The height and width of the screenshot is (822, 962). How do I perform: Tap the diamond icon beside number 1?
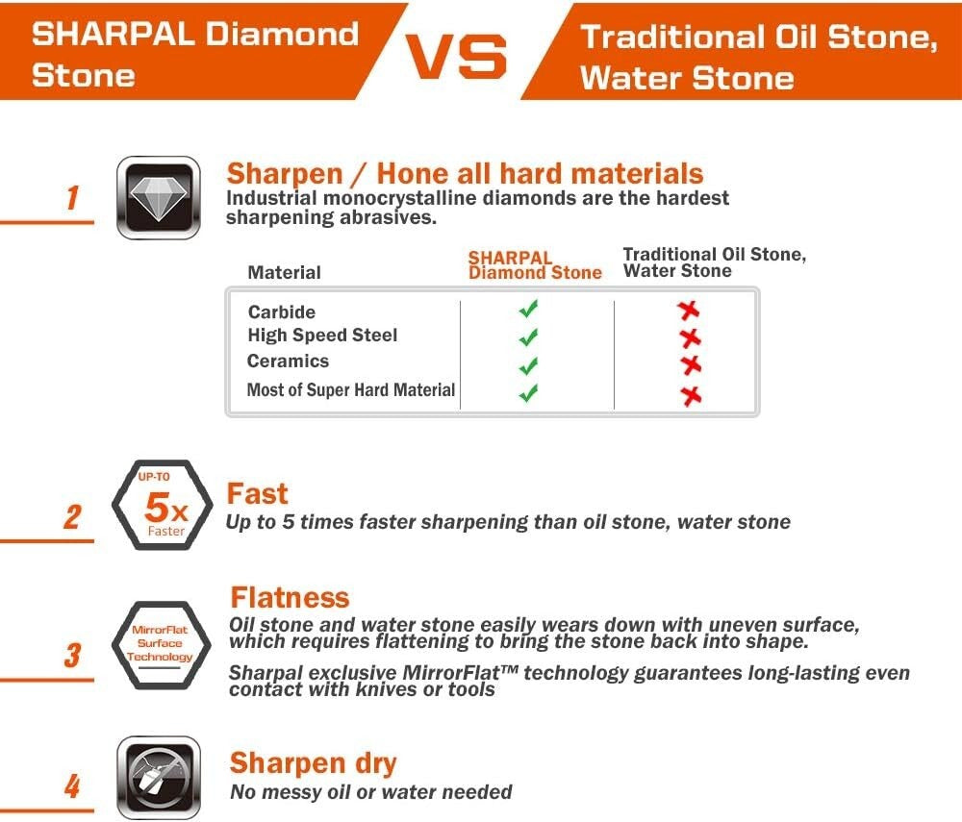[x=158, y=197]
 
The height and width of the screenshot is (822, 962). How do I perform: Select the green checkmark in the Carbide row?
[x=527, y=310]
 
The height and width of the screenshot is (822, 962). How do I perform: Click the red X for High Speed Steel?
[x=689, y=337]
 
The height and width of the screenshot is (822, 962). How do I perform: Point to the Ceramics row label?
[x=288, y=361]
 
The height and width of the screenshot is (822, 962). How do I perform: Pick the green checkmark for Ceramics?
[x=527, y=366]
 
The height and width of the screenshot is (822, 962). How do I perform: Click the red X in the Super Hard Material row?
[x=690, y=395]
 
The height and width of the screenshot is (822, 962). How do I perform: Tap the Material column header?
[x=284, y=272]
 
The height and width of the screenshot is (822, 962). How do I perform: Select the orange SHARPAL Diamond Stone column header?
[x=535, y=265]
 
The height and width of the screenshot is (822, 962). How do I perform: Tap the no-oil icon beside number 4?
[x=158, y=777]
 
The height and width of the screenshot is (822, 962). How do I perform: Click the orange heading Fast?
[x=257, y=493]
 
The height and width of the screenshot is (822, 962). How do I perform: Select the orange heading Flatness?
[x=290, y=597]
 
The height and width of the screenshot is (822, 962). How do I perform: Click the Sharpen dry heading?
[x=313, y=763]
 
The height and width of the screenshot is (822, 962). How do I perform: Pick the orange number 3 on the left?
[x=72, y=656]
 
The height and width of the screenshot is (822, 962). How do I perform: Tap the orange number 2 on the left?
[x=72, y=517]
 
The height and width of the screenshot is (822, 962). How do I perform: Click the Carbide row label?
[x=281, y=312]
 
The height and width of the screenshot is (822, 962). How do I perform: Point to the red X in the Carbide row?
[x=688, y=310]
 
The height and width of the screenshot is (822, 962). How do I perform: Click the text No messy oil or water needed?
[x=370, y=792]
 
